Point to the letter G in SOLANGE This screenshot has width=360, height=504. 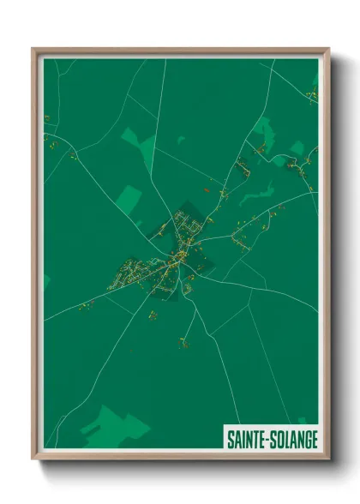(x=306, y=439)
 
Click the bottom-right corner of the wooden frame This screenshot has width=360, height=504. (x=330, y=459)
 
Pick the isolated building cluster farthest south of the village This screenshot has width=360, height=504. (x=183, y=344)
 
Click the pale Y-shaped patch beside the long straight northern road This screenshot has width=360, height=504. (x=136, y=141)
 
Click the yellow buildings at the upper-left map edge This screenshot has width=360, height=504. (x=50, y=117)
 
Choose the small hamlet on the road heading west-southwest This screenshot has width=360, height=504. (x=84, y=305)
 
